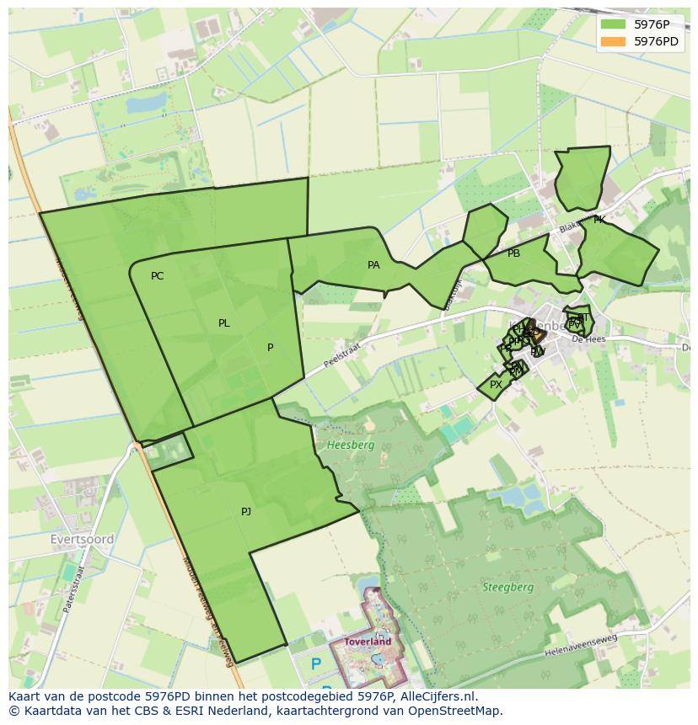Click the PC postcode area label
coord(157,276)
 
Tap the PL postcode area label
coord(223,323)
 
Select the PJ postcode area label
coord(246,511)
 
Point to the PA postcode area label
coord(373,265)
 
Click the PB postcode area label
coord(513,253)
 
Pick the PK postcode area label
coord(599,220)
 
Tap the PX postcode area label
coord(496,385)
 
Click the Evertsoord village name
coord(82,539)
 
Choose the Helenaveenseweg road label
coord(582,643)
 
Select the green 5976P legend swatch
coord(613,25)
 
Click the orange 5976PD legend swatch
coord(613,41)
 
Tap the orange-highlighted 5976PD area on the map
coord(529,331)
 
